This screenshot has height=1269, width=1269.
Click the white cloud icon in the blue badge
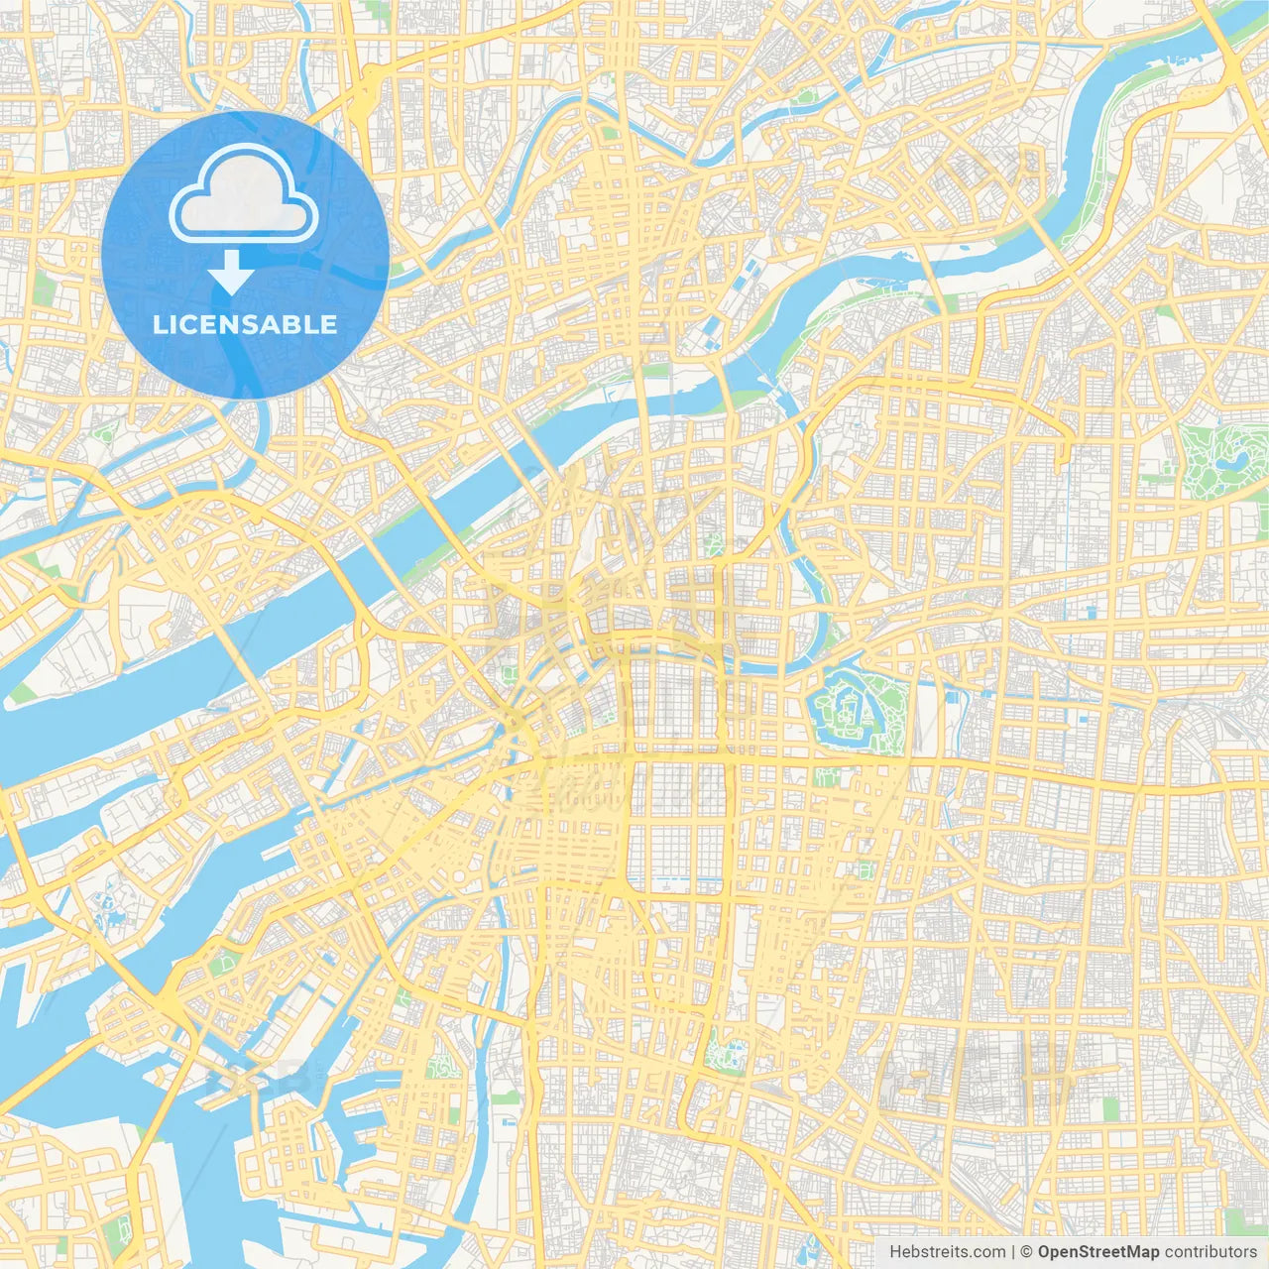[x=244, y=195]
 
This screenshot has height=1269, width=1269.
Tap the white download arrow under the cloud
[x=231, y=273]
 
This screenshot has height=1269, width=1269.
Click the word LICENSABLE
[x=244, y=324]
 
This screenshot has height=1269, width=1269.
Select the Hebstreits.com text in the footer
[x=947, y=1252]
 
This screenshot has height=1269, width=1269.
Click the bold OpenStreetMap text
[x=1097, y=1252]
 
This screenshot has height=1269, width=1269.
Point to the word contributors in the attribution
[x=1210, y=1252]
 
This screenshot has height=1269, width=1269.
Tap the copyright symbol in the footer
[x=1026, y=1252]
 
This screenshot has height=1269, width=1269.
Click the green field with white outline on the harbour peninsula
[x=227, y=961]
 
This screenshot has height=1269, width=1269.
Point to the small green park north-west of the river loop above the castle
[x=713, y=543]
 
